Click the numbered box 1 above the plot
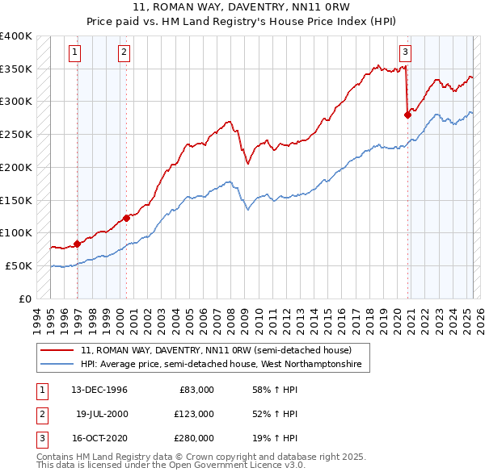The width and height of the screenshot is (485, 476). point(74,53)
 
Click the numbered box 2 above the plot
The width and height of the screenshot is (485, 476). point(124,53)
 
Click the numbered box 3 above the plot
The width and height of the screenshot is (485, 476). point(405,53)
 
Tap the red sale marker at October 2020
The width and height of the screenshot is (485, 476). point(407,115)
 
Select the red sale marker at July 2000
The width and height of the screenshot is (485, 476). point(126,218)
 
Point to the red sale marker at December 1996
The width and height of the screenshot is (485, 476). point(77,244)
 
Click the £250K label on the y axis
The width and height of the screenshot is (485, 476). point(16,134)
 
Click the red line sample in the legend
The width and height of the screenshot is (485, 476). point(57,351)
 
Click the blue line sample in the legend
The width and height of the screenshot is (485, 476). point(57,365)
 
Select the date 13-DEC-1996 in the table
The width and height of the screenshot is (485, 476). point(99,390)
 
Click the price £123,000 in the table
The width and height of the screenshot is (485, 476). point(195,414)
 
